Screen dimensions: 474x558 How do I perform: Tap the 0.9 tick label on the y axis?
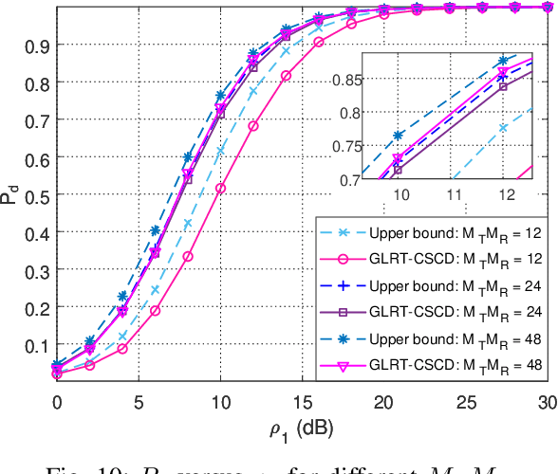38,46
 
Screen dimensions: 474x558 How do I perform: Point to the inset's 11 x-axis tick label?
455,192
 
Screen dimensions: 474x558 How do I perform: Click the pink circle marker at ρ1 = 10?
220,189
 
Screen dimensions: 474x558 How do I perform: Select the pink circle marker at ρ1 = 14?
286,75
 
